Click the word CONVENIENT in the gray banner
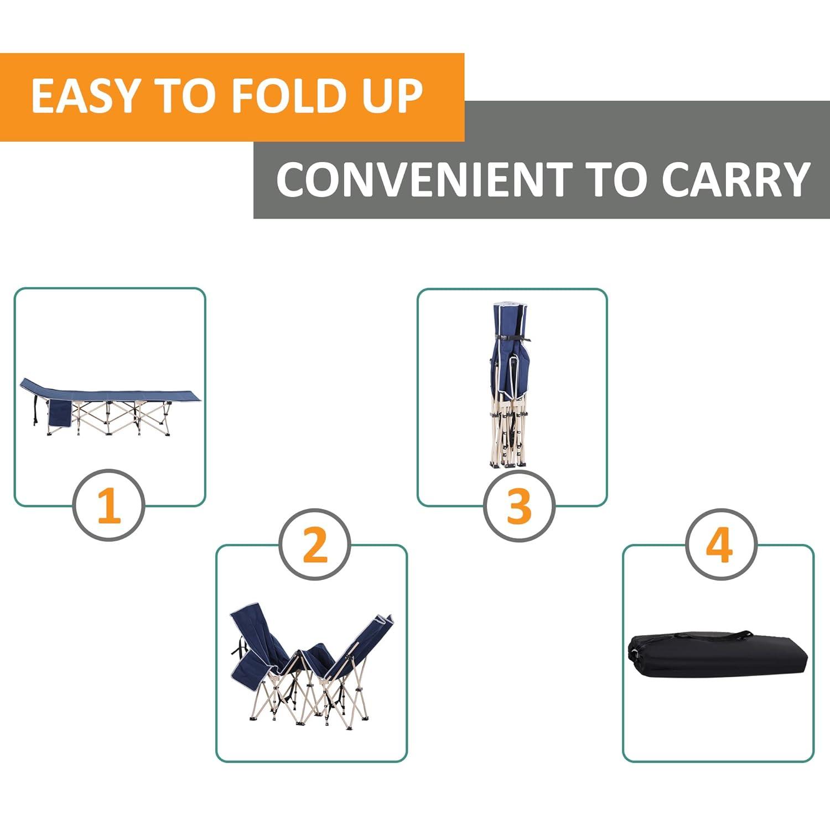424,179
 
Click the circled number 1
109,505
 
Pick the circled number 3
518,505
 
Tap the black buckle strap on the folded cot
512,339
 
